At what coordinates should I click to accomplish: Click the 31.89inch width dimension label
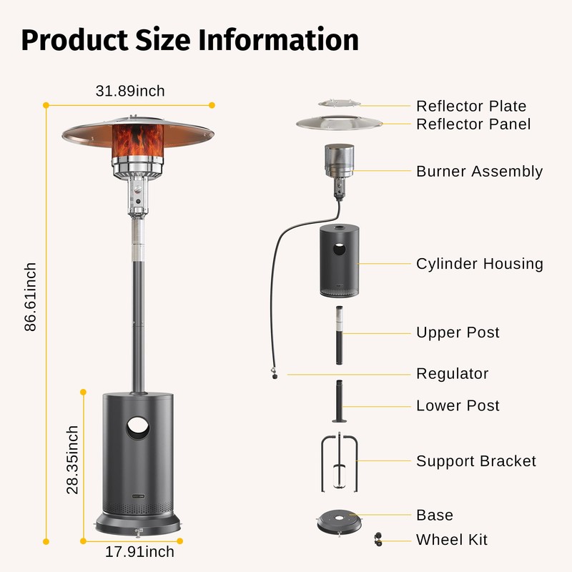click(x=130, y=91)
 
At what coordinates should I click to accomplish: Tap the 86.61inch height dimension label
click(x=31, y=297)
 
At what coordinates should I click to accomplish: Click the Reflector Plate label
click(x=471, y=107)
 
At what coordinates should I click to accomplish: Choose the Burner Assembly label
click(x=479, y=172)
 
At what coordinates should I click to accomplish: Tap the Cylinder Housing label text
click(x=479, y=264)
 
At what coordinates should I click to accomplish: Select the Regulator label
click(x=453, y=373)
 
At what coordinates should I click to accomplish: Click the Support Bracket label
click(x=475, y=461)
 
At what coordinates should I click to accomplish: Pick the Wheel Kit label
click(x=452, y=539)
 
